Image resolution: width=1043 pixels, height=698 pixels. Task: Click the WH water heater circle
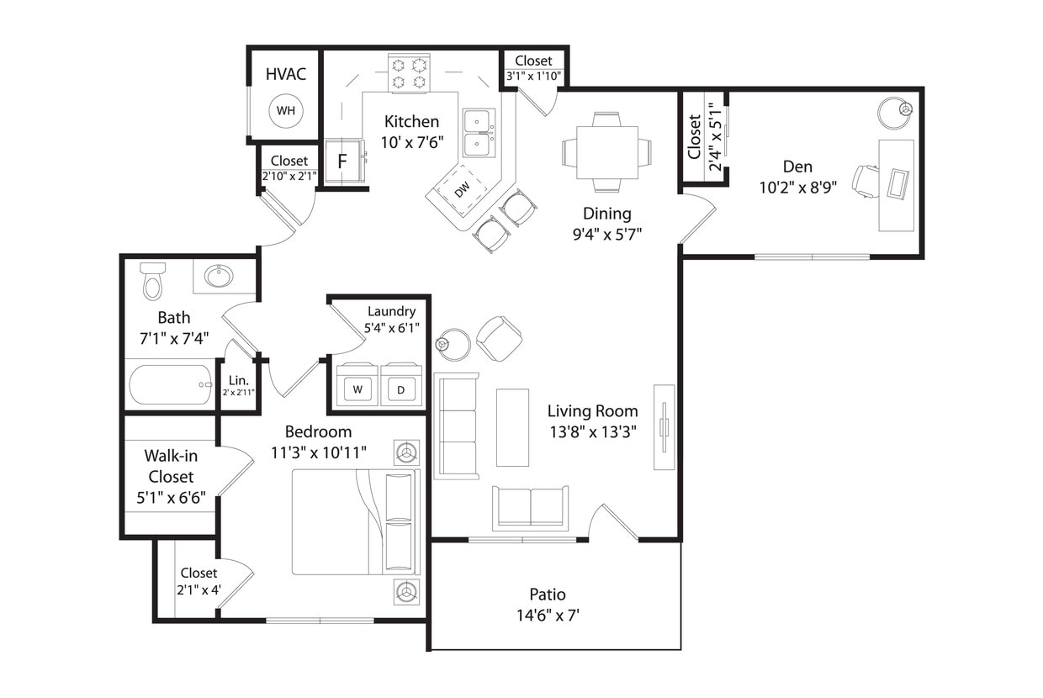tap(285, 110)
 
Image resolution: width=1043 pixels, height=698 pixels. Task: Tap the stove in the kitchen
tap(409, 73)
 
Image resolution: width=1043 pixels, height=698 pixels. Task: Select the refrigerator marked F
tap(343, 161)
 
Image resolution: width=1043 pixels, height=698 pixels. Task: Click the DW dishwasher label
tap(463, 190)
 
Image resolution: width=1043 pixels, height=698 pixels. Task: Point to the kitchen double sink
tap(479, 133)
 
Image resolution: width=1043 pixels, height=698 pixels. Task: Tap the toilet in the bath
tap(152, 281)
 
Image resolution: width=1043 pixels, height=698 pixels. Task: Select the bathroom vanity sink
tap(220, 276)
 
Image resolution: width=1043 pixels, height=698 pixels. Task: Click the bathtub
tap(171, 385)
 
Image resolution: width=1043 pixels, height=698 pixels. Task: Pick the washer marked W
tap(357, 389)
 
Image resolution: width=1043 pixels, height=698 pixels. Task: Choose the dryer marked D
tap(400, 389)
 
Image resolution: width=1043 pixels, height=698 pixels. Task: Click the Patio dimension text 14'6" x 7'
tap(548, 616)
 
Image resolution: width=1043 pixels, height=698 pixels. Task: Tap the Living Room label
tap(592, 411)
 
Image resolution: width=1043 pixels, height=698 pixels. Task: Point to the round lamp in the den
tap(894, 111)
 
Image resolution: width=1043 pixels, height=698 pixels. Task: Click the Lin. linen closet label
tap(238, 380)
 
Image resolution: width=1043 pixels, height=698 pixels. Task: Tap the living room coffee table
tap(512, 427)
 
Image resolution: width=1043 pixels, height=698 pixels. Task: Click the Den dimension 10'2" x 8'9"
tap(797, 188)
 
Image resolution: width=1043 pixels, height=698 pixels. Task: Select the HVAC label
tap(285, 74)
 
